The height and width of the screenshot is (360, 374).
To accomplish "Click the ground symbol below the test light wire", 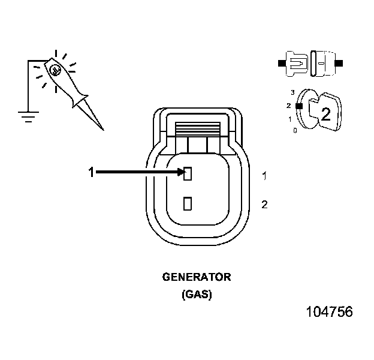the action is pyautogui.click(x=26, y=115).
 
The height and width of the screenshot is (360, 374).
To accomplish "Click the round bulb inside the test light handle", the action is pyautogui.click(x=55, y=71).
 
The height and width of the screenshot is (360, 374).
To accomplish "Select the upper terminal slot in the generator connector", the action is pyautogui.click(x=188, y=174).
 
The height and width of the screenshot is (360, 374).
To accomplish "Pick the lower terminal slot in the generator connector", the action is pyautogui.click(x=188, y=204).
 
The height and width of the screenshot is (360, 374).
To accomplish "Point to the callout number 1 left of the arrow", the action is pyautogui.click(x=91, y=173).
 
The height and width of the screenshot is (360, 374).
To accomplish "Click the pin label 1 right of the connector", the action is pyautogui.click(x=264, y=176).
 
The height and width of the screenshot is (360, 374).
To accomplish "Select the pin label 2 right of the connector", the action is pyautogui.click(x=264, y=205).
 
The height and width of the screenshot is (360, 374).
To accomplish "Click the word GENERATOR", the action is pyautogui.click(x=197, y=277).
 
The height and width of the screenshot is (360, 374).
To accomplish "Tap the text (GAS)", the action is pyautogui.click(x=197, y=295).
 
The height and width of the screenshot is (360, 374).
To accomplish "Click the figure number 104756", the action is pyautogui.click(x=328, y=312).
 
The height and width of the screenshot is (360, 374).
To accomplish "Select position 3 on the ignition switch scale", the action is pyautogui.click(x=292, y=92).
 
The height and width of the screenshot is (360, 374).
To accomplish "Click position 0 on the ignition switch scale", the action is pyautogui.click(x=295, y=130).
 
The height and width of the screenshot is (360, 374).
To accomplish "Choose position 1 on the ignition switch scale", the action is pyautogui.click(x=289, y=119).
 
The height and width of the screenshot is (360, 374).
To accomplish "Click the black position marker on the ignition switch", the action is pyautogui.click(x=298, y=106).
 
